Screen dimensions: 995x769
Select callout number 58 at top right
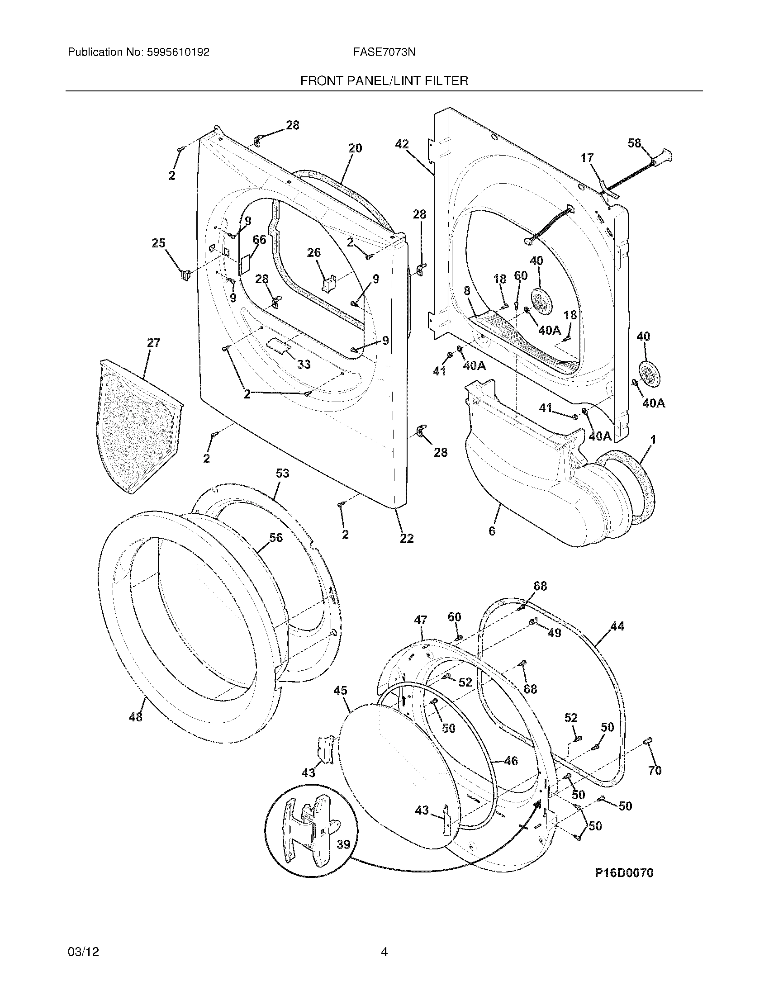[634, 143]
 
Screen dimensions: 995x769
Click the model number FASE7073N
[384, 52]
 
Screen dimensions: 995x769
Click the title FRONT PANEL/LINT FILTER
[384, 81]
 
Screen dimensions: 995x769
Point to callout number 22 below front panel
[406, 538]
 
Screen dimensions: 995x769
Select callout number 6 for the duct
[492, 531]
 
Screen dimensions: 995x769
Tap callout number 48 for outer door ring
[135, 717]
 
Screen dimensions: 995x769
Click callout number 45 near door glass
[340, 691]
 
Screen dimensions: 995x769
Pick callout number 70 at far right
[654, 770]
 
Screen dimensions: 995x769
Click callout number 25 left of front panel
[158, 243]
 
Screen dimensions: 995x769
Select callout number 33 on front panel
[304, 364]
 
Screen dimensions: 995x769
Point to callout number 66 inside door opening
[259, 239]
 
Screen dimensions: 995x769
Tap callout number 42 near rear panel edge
[401, 144]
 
